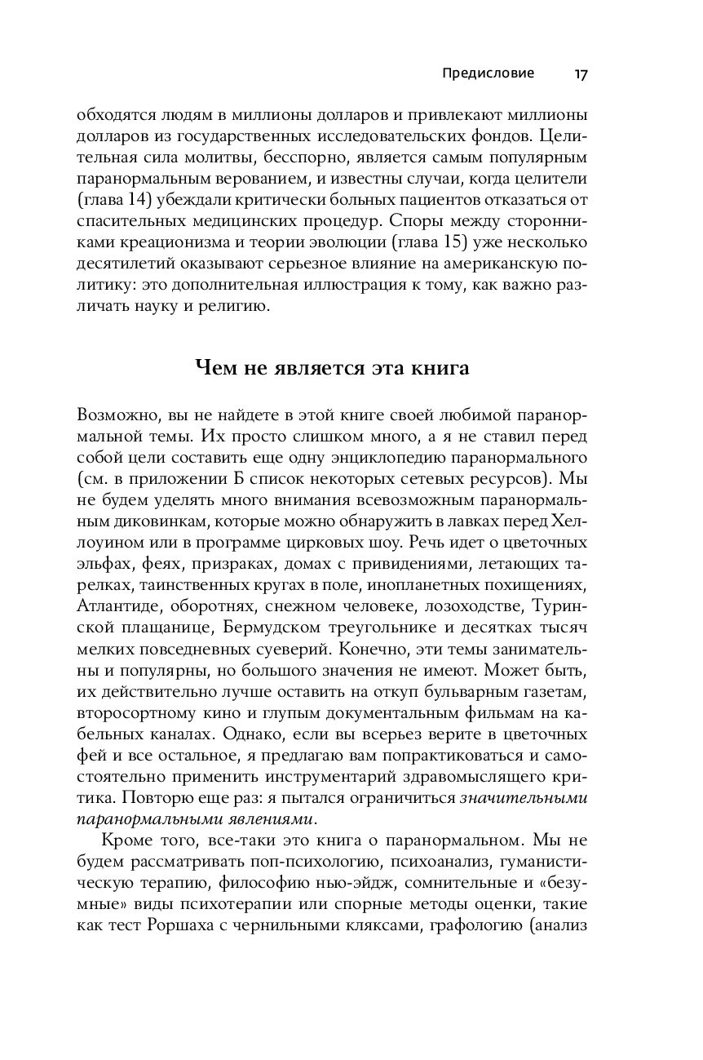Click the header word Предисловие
[x=488, y=73]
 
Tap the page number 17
[x=581, y=74]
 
